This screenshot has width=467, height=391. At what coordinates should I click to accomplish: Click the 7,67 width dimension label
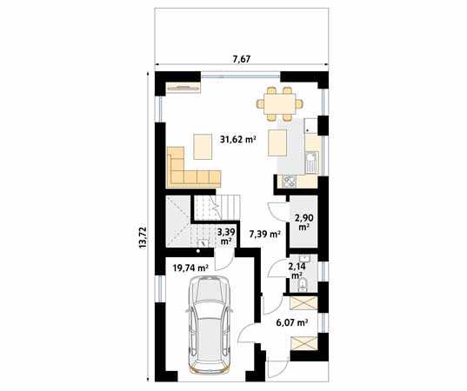tap(242, 59)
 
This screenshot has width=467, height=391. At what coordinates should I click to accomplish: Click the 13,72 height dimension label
tap(143, 237)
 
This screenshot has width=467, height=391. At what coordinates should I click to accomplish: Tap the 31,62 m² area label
tap(238, 139)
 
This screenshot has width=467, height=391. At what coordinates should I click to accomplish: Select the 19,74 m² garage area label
tap(190, 268)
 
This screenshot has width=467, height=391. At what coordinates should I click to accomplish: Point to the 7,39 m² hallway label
tap(265, 235)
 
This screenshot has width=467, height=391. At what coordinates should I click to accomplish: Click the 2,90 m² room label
tap(304, 222)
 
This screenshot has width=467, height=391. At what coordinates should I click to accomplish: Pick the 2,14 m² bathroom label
tap(297, 270)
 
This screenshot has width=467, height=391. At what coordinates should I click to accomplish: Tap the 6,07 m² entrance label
tap(292, 322)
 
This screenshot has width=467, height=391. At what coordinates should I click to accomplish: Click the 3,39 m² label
tap(226, 236)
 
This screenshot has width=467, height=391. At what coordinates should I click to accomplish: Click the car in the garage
tap(208, 324)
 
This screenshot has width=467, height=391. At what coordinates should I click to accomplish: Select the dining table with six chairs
tap(280, 104)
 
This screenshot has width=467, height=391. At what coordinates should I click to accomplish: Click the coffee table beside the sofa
tap(203, 147)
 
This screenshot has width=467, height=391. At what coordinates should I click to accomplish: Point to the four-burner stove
tap(290, 182)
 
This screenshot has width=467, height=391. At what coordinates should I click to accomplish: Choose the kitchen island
tap(277, 142)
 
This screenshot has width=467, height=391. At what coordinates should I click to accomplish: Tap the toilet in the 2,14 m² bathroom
tap(304, 285)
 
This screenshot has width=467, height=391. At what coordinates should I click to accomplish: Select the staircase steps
tap(217, 208)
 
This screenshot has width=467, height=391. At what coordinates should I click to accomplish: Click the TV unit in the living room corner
tap(183, 87)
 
